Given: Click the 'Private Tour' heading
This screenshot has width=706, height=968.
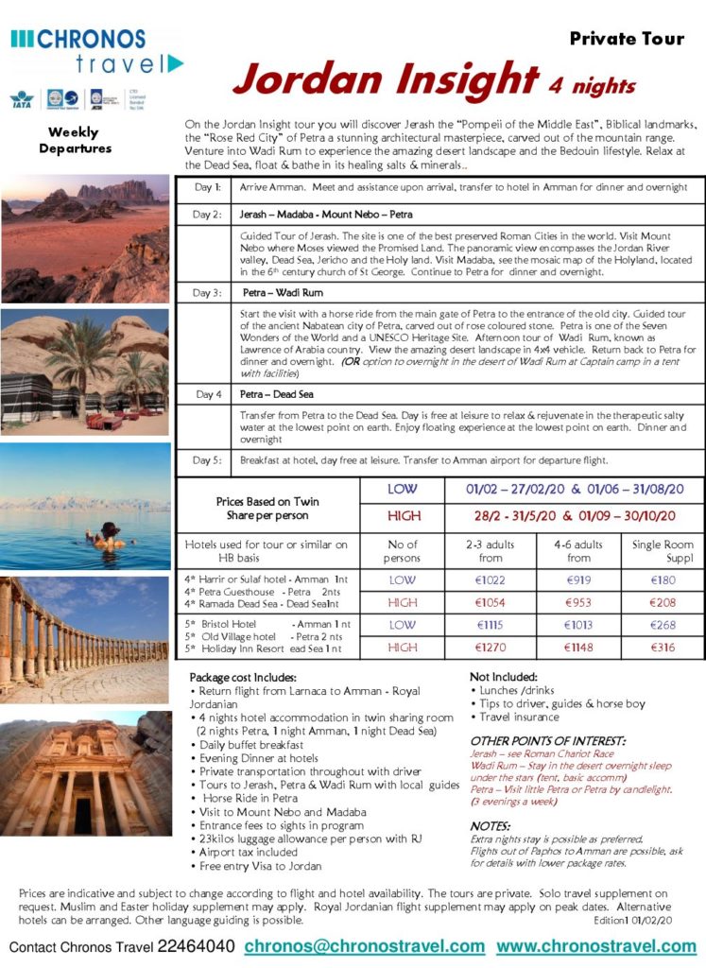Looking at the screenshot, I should (x=627, y=39).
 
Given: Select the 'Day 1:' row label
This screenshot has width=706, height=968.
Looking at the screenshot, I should (x=207, y=187).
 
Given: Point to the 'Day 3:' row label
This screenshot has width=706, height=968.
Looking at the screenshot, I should (x=207, y=292).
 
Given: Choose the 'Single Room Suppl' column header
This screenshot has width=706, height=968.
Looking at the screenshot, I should (x=661, y=551).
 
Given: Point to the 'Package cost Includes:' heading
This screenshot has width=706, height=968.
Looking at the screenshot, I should (x=243, y=678).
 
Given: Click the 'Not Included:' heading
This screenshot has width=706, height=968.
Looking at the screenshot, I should (x=504, y=677).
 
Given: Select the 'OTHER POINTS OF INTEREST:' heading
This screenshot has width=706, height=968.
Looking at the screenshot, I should (x=547, y=740).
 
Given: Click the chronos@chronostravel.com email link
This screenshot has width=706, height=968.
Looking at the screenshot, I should (x=364, y=946).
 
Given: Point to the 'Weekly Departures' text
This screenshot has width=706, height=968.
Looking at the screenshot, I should (x=75, y=141).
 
